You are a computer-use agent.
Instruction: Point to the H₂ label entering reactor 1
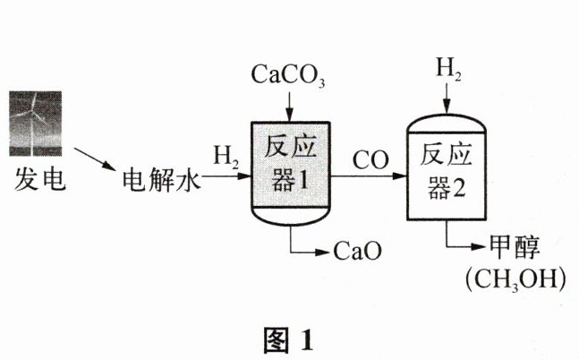[224, 157]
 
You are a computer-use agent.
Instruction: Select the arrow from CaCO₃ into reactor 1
[286, 104]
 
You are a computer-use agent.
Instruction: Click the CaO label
[358, 249]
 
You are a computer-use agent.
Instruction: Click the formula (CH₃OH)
[516, 279]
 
